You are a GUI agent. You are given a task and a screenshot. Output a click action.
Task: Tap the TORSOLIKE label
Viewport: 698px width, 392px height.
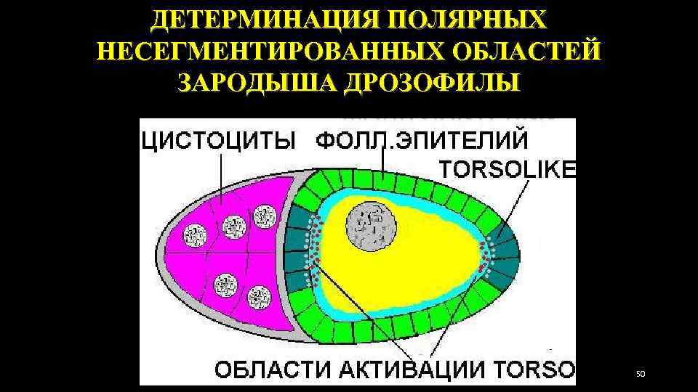pos(508,168)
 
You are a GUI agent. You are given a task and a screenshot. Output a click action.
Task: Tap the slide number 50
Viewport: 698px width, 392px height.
pos(641,374)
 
